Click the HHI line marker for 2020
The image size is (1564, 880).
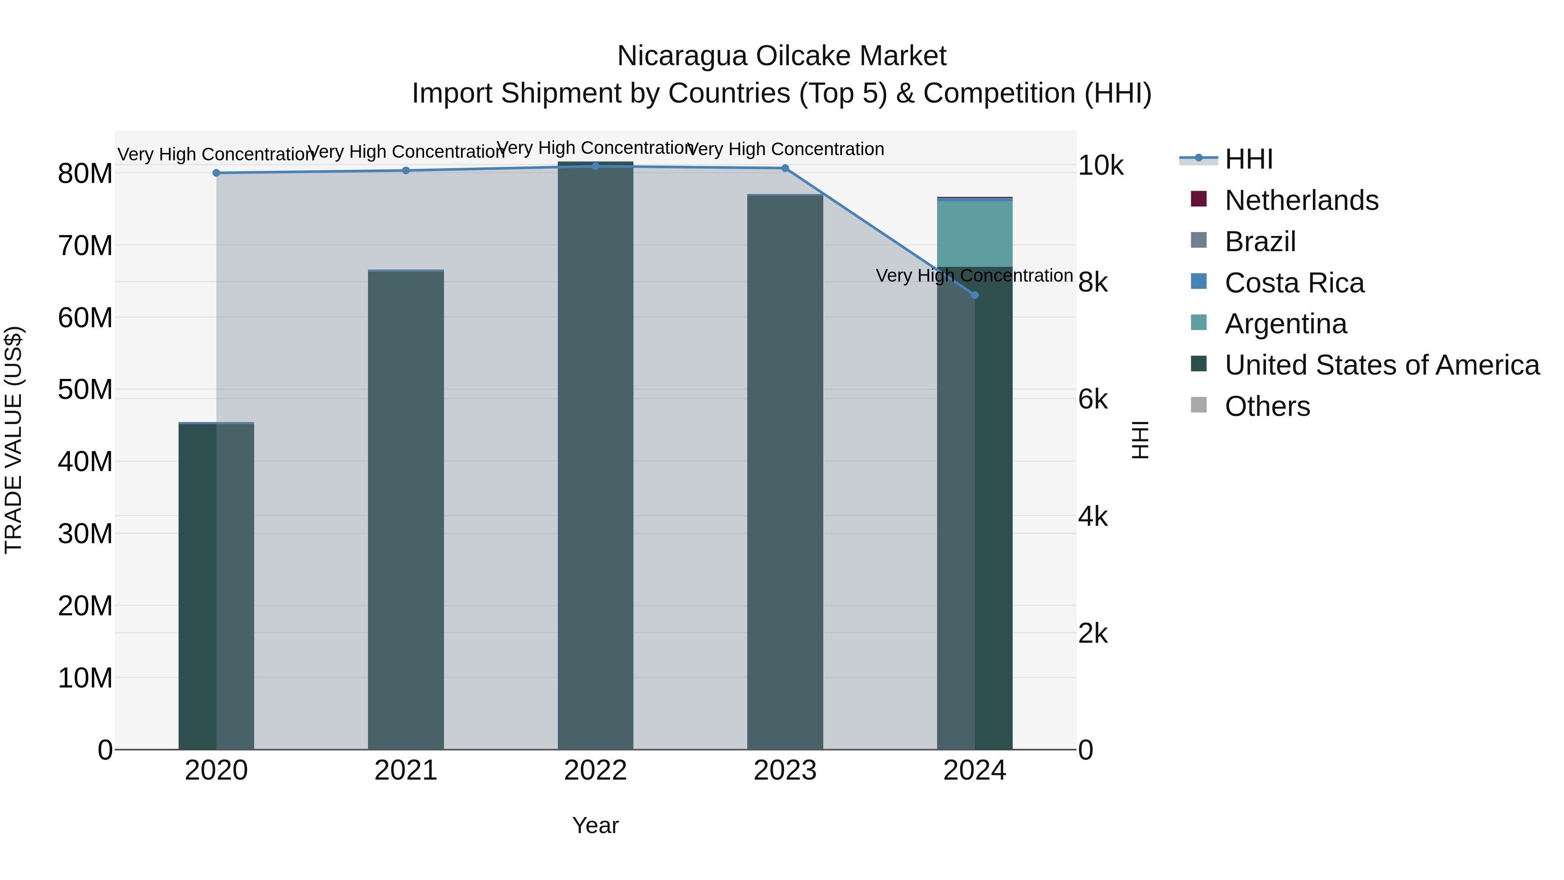(216, 173)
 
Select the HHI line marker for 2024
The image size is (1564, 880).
(974, 295)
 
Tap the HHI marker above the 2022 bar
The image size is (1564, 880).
(596, 166)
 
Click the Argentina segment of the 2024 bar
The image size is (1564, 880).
(974, 234)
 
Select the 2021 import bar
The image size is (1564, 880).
(406, 510)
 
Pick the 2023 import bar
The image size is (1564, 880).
(785, 474)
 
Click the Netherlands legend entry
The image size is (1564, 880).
(1301, 200)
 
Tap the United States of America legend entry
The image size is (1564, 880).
(1381, 365)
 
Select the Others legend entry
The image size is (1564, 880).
(1267, 406)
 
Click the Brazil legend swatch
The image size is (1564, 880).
(1199, 240)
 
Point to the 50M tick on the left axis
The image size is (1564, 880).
(85, 389)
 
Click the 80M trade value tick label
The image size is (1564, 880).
(85, 174)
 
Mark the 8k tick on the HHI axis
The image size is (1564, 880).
(1093, 282)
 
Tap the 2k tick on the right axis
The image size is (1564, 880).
(1093, 634)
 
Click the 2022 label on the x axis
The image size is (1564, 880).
(596, 770)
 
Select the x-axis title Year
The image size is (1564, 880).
(596, 825)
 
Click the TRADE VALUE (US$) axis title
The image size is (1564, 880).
(14, 440)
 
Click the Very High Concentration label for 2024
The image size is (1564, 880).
(974, 276)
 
